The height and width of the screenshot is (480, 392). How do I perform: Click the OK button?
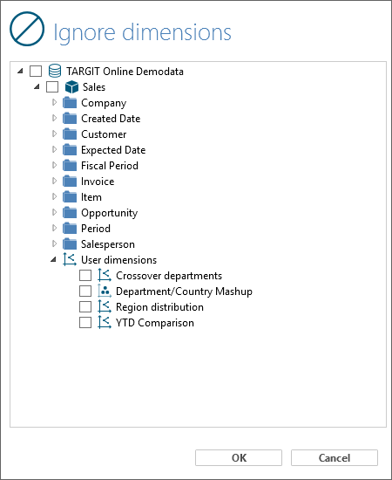239,457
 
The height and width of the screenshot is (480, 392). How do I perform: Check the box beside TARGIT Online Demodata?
36,71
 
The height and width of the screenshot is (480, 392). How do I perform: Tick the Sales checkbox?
52,86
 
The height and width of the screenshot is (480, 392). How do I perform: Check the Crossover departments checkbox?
85,275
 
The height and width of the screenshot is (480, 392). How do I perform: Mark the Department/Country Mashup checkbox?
85,291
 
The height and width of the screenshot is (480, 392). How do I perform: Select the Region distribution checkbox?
85,306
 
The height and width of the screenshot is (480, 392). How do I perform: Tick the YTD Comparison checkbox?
85,322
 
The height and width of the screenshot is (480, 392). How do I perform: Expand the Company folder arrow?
54,102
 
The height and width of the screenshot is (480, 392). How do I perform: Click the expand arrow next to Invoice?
54,181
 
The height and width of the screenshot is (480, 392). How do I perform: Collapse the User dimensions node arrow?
53,260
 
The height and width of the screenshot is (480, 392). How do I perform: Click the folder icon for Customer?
70,134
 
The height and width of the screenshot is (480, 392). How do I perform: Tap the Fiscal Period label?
110,166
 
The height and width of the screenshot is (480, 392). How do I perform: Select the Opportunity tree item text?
110,213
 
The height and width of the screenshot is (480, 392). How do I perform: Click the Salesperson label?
108,244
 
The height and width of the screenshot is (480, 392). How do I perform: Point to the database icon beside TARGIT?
55,71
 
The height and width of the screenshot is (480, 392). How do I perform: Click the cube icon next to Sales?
71,87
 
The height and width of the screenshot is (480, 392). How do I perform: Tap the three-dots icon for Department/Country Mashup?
105,291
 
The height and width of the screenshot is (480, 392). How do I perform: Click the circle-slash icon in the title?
27,29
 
